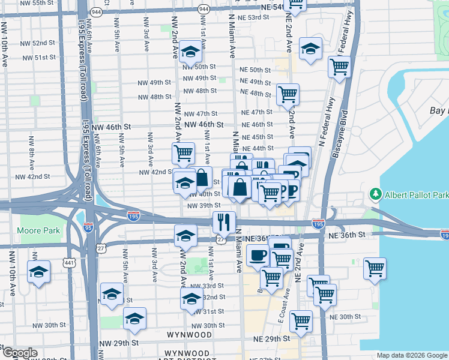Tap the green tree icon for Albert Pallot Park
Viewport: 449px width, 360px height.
376,194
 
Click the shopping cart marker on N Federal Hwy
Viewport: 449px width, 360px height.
339,67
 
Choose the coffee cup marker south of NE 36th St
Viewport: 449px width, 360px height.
258,255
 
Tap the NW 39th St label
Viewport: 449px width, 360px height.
204,205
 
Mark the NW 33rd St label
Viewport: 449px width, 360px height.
213,286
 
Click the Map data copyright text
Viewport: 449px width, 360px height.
412,355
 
